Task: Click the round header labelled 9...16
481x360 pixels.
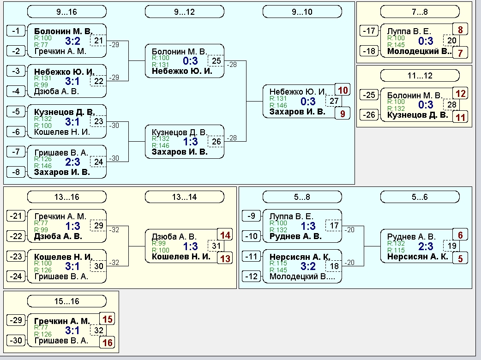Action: point(67,12)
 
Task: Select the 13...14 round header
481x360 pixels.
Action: point(184,197)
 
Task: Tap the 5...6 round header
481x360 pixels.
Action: point(420,197)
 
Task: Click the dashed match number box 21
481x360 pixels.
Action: point(98,41)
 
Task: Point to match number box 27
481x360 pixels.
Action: point(334,101)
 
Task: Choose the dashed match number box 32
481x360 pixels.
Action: point(98,330)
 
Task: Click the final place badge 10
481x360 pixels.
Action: point(343,90)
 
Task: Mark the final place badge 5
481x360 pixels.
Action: point(460,258)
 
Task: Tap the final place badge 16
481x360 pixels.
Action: point(107,342)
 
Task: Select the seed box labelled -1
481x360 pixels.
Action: point(16,30)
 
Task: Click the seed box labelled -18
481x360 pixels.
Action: point(369,51)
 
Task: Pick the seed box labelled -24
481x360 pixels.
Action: point(16,276)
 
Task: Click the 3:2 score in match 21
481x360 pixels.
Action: point(72,41)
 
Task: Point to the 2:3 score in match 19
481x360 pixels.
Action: point(426,246)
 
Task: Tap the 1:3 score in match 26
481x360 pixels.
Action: point(191,142)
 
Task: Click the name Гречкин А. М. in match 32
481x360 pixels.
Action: point(62,321)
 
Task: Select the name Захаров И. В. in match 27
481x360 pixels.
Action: point(297,112)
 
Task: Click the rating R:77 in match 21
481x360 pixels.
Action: point(41,45)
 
